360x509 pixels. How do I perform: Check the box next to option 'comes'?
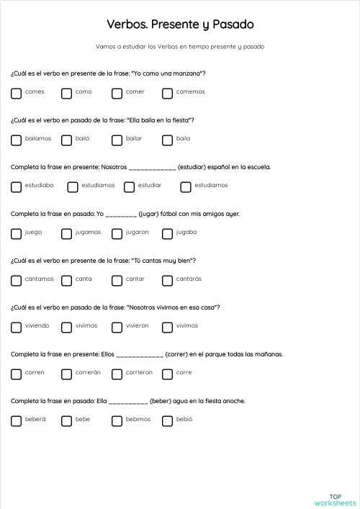point(16,93)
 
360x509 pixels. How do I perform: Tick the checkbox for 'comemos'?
point(167,93)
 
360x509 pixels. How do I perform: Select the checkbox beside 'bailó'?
point(66,140)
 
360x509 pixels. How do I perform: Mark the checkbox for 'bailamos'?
point(16,140)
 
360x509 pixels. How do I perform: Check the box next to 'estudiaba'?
point(16,186)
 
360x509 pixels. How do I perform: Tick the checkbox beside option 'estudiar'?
point(130,186)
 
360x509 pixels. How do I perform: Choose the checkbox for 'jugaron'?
point(117,233)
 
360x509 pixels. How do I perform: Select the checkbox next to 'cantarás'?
point(167,280)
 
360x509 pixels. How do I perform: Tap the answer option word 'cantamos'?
point(39,279)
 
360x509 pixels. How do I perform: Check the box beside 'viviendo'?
point(16,327)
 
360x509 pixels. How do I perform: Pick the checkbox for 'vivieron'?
point(117,327)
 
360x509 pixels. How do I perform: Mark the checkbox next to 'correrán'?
point(66,374)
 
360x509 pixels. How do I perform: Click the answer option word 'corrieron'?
point(139,373)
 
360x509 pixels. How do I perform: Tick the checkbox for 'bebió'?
point(167,420)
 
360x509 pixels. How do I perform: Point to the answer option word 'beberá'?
point(35,420)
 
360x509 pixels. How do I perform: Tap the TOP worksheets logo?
point(335,500)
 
